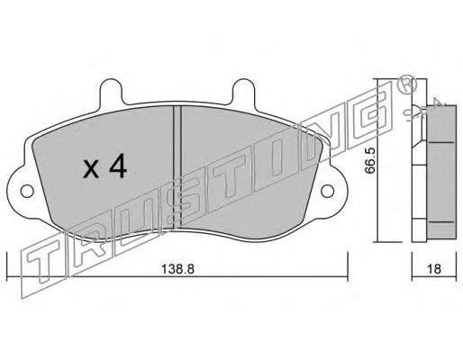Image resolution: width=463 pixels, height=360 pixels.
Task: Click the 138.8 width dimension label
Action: click(x=178, y=269)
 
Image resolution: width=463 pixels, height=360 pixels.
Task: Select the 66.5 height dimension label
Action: click(x=370, y=164)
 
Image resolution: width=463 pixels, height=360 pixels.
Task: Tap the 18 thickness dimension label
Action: click(x=434, y=269)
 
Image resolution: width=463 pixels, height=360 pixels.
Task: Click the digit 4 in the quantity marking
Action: click(x=118, y=167)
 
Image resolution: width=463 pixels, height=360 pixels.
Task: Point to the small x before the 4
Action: click(x=91, y=170)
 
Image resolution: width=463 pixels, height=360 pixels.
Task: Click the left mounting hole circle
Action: click(x=27, y=191)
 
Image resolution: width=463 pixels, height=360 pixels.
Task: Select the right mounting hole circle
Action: click(x=327, y=191)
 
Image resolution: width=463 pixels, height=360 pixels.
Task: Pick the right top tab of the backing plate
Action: click(x=243, y=91)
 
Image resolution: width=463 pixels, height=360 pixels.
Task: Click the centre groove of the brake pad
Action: click(x=177, y=166)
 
